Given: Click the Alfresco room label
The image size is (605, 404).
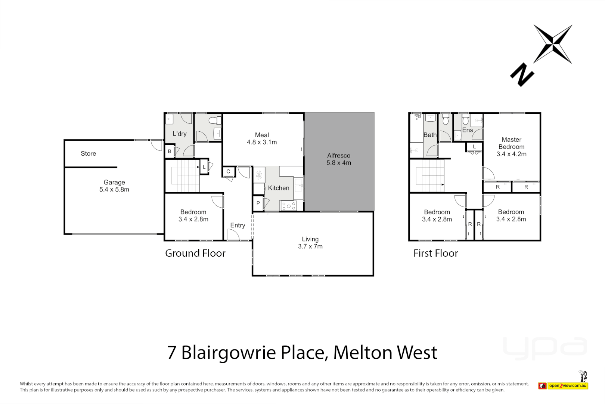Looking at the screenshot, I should coord(339,156).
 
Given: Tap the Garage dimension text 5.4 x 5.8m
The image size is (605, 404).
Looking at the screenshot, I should coord(114,190).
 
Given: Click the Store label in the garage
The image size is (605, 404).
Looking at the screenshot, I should coord(89,154).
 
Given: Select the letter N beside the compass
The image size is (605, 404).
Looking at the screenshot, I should coord(522,74).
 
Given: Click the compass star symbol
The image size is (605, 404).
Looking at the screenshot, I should coord(553,44).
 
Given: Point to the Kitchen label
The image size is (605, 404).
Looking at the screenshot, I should coord(279,188).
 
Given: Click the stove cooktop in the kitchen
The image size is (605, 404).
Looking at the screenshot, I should coord(289,206).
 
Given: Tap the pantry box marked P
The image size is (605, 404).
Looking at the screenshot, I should coord(258,203).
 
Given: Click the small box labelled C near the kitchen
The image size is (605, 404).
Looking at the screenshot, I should coord(228,172).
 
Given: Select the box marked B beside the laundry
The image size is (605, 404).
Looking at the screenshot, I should coord(170,151).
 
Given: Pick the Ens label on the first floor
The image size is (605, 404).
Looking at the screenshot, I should coord(468,130).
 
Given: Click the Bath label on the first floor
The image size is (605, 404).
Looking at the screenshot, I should coord(430,135).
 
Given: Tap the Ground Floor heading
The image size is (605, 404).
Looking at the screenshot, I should coord(195,253).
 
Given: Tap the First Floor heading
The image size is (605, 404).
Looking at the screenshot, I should coord(435,253).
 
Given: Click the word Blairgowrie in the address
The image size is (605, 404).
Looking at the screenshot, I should coord(229,352).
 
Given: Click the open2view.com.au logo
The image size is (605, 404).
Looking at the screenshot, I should coord(568,386).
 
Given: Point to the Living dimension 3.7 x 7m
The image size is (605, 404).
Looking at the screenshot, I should coord(310,247).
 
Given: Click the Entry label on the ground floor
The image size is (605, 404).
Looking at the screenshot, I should coord(238,225).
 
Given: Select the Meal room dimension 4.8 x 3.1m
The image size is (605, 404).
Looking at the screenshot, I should coord(262,142).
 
